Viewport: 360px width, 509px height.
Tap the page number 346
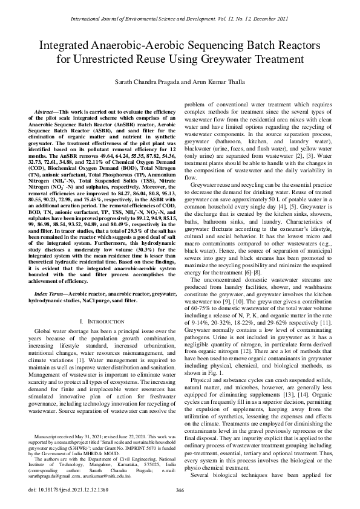click(x=180, y=490)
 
